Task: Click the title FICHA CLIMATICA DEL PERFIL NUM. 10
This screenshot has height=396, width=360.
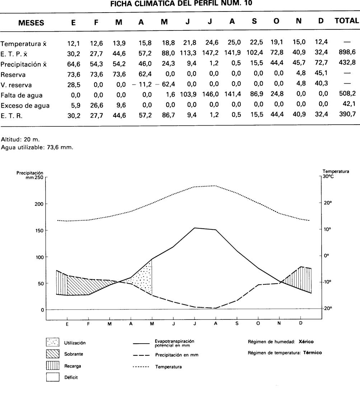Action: (x=181, y=4)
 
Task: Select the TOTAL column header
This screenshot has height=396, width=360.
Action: (x=346, y=21)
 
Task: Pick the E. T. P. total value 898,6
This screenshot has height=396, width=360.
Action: (x=347, y=52)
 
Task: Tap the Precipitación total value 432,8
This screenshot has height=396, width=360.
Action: (x=347, y=63)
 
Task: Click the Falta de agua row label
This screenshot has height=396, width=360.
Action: (x=22, y=95)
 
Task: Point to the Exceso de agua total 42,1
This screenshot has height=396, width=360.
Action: (x=349, y=106)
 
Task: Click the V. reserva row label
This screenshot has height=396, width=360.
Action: (x=16, y=85)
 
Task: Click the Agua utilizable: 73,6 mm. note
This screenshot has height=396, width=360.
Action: (x=37, y=146)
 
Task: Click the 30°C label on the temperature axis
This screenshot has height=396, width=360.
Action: (x=328, y=176)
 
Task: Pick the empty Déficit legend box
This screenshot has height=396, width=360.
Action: (x=52, y=377)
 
